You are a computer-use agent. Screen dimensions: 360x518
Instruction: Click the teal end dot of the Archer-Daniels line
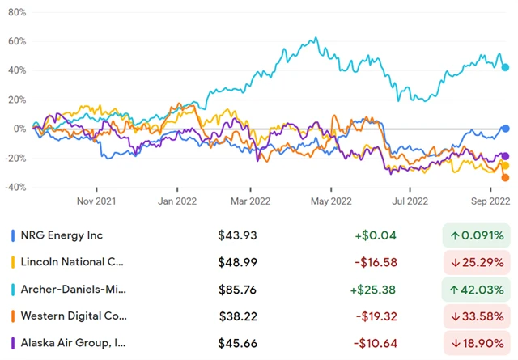point(506,67)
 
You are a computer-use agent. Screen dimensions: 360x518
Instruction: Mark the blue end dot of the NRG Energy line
point(506,129)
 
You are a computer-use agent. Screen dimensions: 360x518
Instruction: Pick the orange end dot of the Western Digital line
point(506,178)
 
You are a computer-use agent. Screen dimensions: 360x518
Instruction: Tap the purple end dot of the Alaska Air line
point(506,156)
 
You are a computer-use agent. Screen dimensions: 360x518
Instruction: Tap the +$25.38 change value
point(377,289)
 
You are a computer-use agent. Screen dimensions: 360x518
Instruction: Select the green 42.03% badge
point(475,289)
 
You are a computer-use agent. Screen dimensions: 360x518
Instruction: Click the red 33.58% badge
point(475,316)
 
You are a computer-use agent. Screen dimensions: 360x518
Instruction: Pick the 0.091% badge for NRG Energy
point(475,235)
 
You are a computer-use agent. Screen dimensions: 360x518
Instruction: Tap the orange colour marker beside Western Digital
point(12,316)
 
